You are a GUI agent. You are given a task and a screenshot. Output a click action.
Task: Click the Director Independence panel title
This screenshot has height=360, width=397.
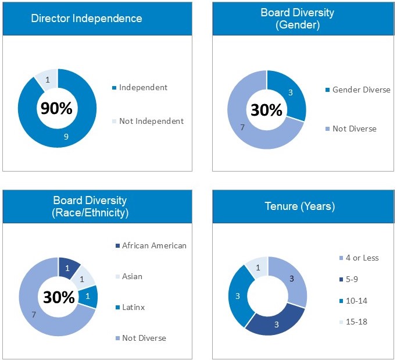(87, 18)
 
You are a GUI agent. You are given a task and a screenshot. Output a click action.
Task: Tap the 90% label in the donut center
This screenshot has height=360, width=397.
(56, 108)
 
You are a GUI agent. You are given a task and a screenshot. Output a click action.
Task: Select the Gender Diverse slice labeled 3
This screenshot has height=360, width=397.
(290, 92)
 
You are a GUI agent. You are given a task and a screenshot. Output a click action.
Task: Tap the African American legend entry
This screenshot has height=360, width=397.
(154, 245)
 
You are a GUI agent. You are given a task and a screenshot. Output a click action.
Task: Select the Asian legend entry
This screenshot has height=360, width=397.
(132, 276)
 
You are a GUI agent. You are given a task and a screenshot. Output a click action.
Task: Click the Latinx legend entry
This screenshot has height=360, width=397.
(134, 307)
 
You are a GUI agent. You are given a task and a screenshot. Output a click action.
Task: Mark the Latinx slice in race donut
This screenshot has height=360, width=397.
(88, 296)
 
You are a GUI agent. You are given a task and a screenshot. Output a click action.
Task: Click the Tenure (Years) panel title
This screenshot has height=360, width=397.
(299, 206)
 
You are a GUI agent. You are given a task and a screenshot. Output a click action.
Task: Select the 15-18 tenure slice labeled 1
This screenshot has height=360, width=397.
(257, 267)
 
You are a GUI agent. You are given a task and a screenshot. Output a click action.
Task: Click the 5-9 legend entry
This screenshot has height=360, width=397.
(352, 279)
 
